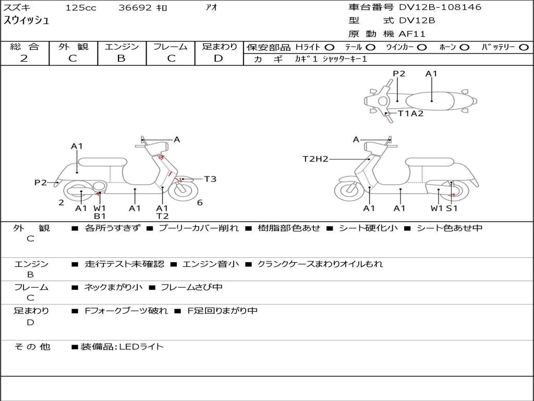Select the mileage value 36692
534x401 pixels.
(x=135, y=8)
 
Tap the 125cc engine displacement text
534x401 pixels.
(x=81, y=8)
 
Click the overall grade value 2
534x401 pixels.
(x=24, y=58)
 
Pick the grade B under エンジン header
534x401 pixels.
(x=121, y=58)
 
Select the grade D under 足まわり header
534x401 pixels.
(x=219, y=58)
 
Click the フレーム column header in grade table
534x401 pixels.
(x=170, y=47)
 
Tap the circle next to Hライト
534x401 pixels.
(x=330, y=48)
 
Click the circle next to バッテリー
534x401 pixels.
(x=524, y=48)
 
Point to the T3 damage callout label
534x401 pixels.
(x=210, y=179)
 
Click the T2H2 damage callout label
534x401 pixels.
(x=315, y=159)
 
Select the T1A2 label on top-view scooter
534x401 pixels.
(x=410, y=113)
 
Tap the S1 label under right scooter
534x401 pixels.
(x=452, y=208)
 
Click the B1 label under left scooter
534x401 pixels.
(x=100, y=216)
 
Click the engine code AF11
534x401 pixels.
(x=412, y=34)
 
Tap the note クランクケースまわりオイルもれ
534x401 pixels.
(x=320, y=264)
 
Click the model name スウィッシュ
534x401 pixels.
(x=27, y=21)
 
